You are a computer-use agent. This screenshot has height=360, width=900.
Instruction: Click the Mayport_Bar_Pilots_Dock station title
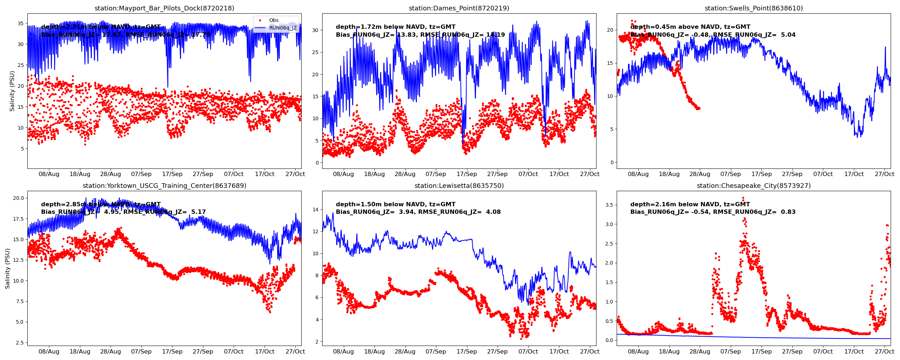pos(164,8)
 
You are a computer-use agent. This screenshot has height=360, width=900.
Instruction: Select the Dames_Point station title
pos(459,8)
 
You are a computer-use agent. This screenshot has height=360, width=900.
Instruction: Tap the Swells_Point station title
pos(753,8)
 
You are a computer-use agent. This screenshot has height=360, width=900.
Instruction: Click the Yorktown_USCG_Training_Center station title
pos(164,186)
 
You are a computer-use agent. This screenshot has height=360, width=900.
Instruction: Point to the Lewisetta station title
pos(459,186)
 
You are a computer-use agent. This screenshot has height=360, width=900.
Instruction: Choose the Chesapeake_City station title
pos(753,186)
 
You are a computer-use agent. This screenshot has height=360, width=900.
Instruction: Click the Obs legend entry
pos(274,21)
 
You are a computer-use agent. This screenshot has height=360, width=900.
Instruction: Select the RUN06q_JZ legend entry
pos(283,28)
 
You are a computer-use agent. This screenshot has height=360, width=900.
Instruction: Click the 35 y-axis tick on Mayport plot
pos(21,24)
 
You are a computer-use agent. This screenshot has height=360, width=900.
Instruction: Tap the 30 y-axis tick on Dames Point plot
pos(315,31)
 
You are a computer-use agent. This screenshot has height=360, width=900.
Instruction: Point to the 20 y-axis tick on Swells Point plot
pos(610,30)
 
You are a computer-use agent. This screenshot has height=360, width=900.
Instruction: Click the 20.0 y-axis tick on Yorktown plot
pos(18,198)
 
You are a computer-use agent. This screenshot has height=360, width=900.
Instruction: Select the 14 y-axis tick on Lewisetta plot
pos(315,210)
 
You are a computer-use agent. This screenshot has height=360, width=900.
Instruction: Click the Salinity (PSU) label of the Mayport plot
pos(12,91)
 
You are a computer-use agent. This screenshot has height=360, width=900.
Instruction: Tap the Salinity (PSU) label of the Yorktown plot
pos(8,269)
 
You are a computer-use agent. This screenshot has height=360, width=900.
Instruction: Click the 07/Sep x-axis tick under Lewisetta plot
pos(436,352)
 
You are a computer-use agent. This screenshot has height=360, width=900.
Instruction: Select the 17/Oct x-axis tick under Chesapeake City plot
pos(854,352)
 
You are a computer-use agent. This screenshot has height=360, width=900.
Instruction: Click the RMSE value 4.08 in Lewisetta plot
pos(493,212)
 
